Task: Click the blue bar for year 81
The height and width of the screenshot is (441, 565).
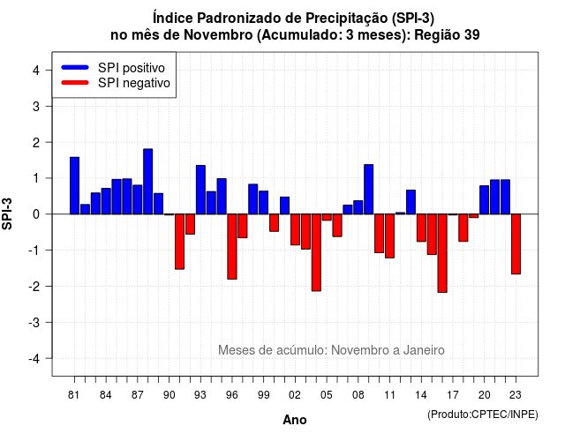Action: click(74, 185)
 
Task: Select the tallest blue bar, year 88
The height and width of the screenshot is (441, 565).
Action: click(148, 182)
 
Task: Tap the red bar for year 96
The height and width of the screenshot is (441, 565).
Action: click(232, 247)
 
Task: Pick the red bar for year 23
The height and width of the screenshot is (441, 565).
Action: click(516, 244)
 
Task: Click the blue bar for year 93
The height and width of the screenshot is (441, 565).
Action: click(200, 190)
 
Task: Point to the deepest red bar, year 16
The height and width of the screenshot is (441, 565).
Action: click(442, 253)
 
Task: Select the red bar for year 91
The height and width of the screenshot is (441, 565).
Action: click(180, 242)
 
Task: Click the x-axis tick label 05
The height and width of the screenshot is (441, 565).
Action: click(327, 395)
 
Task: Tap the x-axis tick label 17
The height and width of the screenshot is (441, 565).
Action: click(453, 395)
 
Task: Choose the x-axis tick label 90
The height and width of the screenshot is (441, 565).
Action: click(169, 395)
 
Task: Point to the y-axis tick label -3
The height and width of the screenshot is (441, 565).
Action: click(34, 323)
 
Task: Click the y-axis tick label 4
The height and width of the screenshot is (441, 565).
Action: click(36, 71)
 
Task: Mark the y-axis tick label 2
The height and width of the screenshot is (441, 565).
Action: click(36, 143)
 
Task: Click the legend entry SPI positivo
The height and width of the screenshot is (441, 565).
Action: click(132, 68)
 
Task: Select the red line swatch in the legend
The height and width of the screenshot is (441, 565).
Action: click(75, 82)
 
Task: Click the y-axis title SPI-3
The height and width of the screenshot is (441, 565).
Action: click(7, 213)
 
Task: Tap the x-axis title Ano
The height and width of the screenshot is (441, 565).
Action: click(295, 420)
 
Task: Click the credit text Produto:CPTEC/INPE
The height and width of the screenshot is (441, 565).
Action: click(483, 415)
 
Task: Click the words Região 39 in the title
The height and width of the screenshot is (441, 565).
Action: click(447, 35)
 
